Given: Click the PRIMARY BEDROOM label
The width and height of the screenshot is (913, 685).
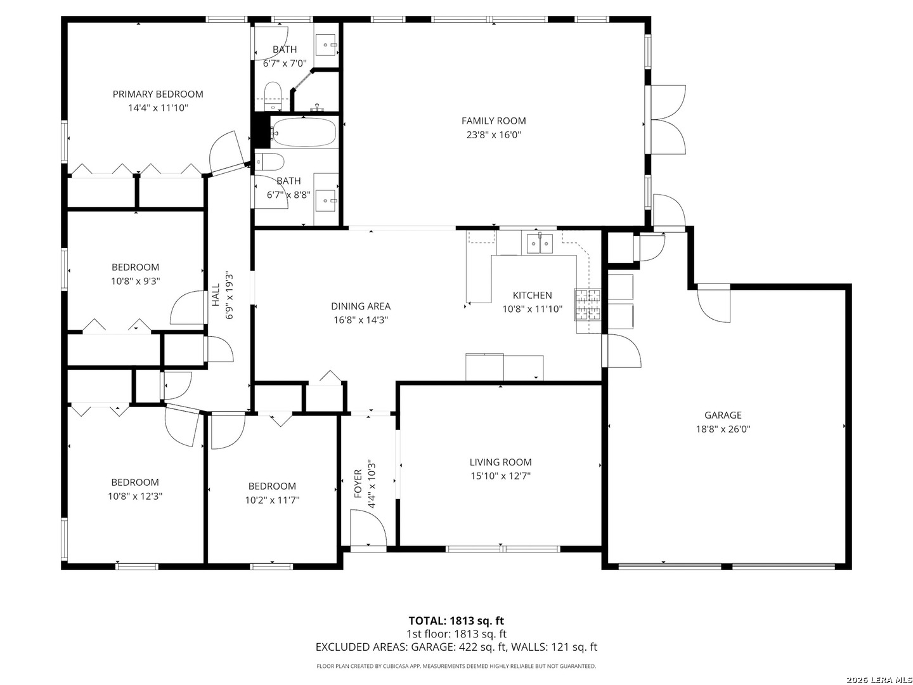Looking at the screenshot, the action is [158, 94].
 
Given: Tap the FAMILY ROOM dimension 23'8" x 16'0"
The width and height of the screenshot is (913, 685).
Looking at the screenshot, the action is [493, 134].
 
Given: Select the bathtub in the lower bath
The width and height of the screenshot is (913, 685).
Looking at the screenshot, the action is [304, 132].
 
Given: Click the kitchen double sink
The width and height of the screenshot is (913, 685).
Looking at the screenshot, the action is [540, 244].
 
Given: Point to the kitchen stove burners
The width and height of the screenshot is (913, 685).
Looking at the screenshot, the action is [588, 305].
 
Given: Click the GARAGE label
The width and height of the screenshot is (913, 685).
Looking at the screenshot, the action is [723, 415].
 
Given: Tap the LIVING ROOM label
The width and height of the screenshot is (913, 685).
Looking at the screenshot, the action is [500, 462].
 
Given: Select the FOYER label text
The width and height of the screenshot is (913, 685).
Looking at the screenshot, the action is [358, 484].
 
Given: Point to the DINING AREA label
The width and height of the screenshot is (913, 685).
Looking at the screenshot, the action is [361, 306].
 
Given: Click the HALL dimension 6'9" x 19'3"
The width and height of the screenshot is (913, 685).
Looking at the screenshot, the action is [229, 297].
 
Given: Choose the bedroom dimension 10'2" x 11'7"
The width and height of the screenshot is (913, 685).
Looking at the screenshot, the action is [272, 500].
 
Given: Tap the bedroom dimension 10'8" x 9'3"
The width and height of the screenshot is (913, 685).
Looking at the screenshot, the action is [135, 281].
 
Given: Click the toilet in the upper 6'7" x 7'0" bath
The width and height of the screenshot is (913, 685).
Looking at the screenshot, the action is [273, 96].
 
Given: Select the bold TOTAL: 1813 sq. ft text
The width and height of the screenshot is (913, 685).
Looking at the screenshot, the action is [456, 621].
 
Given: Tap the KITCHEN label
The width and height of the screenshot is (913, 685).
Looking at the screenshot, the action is [532, 296].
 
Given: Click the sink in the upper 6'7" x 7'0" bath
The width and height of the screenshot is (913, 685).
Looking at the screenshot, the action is [327, 44].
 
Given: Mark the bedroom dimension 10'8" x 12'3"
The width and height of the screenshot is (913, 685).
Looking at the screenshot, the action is [135, 496].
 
